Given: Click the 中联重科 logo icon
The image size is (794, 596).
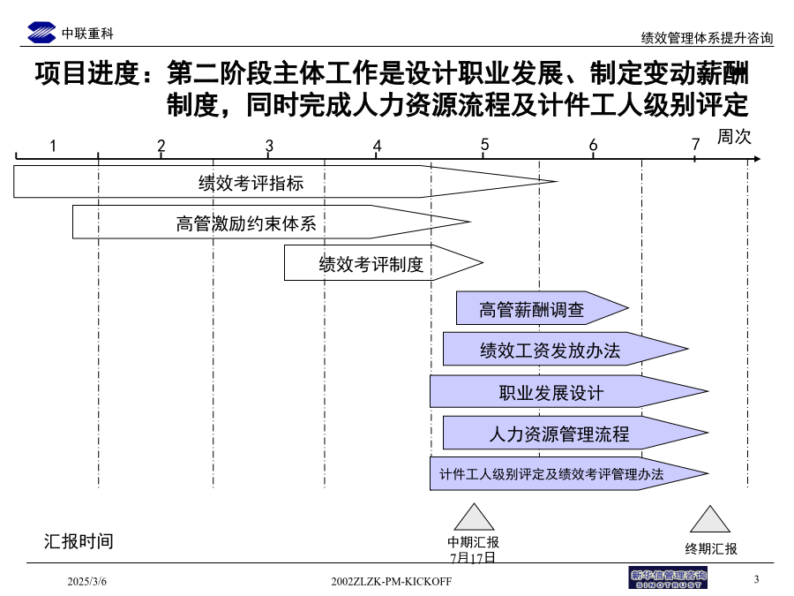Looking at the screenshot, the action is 41,33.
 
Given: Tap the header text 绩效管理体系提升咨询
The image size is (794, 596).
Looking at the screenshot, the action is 707,38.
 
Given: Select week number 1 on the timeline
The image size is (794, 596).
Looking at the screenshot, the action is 53,146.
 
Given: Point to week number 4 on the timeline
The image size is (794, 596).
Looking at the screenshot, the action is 377,146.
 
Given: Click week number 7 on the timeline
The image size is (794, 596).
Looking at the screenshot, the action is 696,145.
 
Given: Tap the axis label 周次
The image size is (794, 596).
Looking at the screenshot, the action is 734,136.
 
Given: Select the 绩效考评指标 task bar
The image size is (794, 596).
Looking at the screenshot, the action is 286,181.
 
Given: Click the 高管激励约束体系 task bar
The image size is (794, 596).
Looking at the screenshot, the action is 272,222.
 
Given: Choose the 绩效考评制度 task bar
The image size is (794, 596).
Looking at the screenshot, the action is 384,262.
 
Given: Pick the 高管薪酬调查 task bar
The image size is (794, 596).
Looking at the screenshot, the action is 543,307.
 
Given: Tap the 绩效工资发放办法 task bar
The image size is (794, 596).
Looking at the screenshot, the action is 566,349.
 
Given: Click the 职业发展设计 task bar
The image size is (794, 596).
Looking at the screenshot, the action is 569,391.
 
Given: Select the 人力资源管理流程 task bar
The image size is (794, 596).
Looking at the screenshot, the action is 576,433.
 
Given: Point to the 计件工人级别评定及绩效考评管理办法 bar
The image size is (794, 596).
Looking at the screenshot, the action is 569,473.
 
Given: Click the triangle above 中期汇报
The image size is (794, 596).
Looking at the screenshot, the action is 474,517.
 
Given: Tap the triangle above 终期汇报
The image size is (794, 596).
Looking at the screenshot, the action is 710,519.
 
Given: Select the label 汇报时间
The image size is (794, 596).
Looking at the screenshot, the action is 79,541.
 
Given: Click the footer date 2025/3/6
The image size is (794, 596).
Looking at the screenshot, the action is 87,581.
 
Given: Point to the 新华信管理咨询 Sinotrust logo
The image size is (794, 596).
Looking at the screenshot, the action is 668,577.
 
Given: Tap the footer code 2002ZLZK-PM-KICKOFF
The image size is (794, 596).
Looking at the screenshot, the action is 392,581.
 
